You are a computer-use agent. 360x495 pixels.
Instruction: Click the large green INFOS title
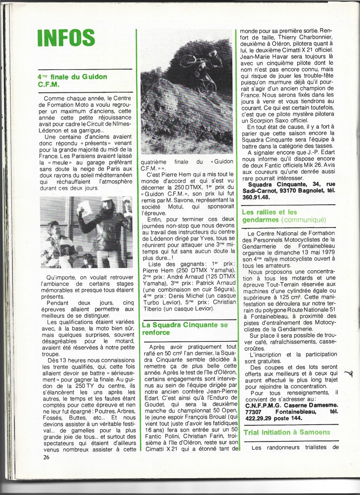66,38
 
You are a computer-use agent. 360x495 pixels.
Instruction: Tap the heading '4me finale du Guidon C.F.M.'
72,80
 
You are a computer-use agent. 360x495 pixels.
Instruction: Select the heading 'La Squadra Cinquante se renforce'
185,329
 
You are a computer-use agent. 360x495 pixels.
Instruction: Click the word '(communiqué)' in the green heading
304,220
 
